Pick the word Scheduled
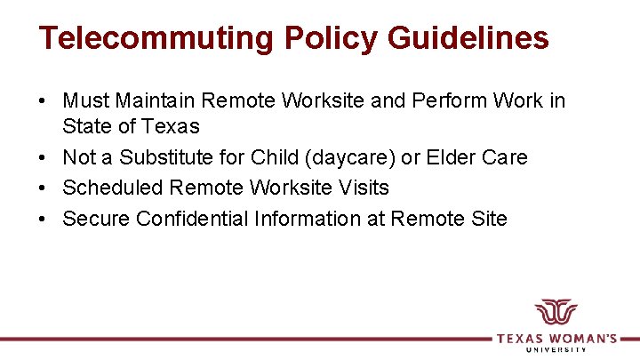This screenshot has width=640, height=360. click(113, 188)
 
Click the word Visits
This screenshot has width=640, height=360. click(364, 188)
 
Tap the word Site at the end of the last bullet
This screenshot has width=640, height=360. click(489, 218)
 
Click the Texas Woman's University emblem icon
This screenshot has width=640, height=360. click(556, 314)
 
